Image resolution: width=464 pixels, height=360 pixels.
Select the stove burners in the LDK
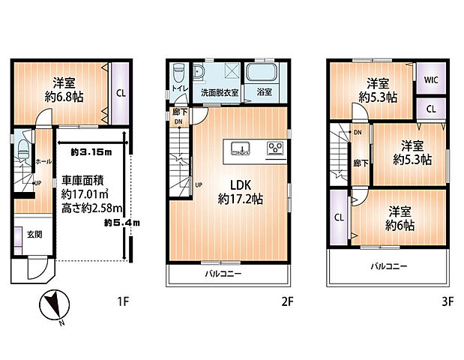pyautogui.click(x=275, y=148)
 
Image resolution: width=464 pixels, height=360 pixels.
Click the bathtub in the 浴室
pyautogui.click(x=262, y=74)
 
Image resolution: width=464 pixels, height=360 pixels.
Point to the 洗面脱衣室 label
pyautogui.click(x=219, y=94)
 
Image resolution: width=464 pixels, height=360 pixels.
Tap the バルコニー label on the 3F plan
pyautogui.click(x=387, y=266)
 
